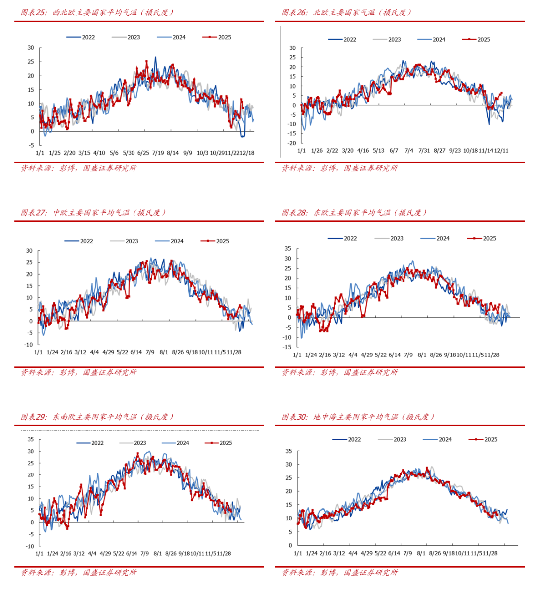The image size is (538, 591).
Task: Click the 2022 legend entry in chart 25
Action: tap(81, 37)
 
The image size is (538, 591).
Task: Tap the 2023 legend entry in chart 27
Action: tap(125, 241)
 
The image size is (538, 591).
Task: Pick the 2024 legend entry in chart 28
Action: tap(435, 238)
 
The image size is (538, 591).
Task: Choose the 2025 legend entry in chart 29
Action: tap(219, 443)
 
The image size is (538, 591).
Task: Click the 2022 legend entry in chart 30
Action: tap(347, 439)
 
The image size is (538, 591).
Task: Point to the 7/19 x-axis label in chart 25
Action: tap(158, 153)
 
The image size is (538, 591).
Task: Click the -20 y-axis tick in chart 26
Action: tap(292, 143)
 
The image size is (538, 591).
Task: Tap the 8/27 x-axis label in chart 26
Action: tap(439, 150)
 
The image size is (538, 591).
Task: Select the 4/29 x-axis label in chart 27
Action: tap(108, 352)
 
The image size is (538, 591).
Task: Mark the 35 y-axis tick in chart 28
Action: tap(288, 249)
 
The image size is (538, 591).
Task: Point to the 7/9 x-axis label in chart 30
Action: tap(407, 553)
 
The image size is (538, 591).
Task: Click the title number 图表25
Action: tap(33, 12)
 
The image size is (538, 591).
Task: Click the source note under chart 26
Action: tap(340, 168)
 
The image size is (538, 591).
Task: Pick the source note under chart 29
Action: tap(79, 573)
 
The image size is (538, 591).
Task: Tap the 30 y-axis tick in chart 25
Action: tap(31, 48)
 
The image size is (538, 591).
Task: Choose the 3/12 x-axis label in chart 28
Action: tap(339, 355)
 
